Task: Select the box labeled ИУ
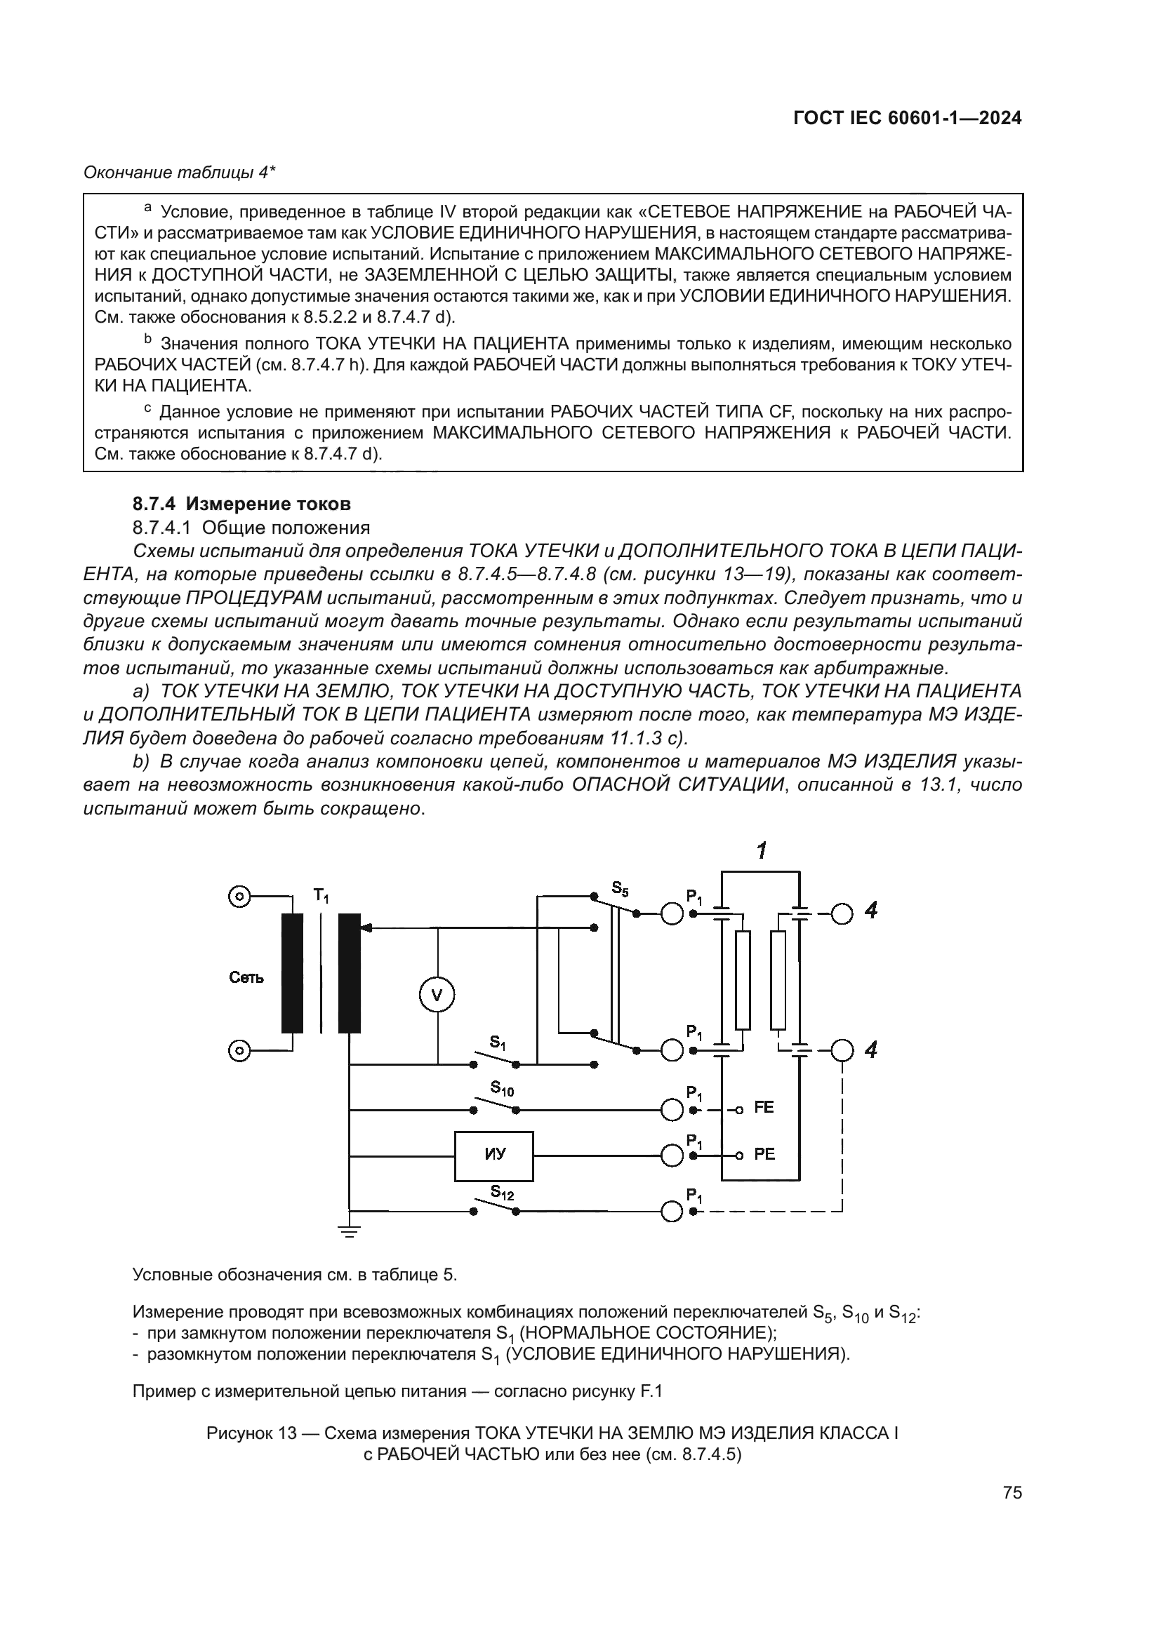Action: [494, 1155]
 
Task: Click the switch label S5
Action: [621, 888]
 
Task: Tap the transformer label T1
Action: [321, 895]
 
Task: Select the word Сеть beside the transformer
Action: [246, 978]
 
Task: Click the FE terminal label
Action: [764, 1107]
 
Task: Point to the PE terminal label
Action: [764, 1154]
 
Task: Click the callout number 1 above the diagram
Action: [762, 850]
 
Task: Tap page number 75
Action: [1012, 1492]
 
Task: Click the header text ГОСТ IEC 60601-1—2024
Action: [907, 119]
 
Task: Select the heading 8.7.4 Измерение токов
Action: [241, 504]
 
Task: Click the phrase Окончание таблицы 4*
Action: [180, 173]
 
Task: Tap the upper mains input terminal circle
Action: [239, 895]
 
